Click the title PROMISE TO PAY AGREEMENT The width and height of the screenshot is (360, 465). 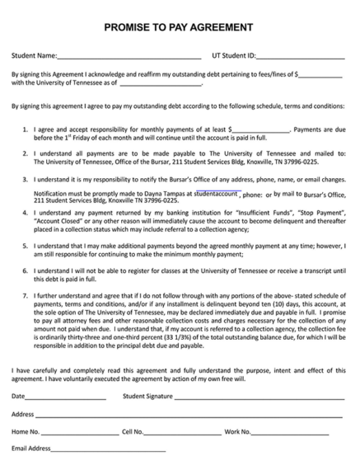click(x=179, y=27)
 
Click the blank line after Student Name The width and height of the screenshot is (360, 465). click(x=129, y=57)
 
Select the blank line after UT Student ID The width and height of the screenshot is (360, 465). click(x=301, y=57)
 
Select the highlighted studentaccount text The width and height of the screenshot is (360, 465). click(x=216, y=194)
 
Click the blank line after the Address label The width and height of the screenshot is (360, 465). click(x=189, y=415)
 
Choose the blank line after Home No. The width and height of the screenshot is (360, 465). click(x=79, y=432)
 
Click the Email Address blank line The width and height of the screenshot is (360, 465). click(x=108, y=449)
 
